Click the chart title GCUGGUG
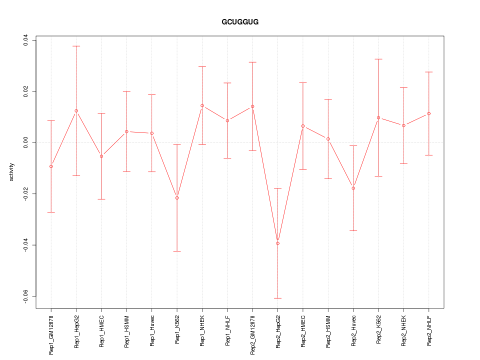240,22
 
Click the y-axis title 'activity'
12,172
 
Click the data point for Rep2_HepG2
277,243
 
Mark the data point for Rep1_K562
177,198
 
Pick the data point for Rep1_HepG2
76,110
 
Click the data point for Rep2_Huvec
353,188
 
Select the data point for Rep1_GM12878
51,166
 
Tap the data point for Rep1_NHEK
202,105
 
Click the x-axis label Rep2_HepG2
278,331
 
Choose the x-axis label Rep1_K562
177,330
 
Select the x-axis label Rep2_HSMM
328,331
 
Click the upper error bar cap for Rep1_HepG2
76,46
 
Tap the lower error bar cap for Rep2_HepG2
277,298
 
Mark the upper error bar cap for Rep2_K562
378,59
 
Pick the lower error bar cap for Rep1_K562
177,251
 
